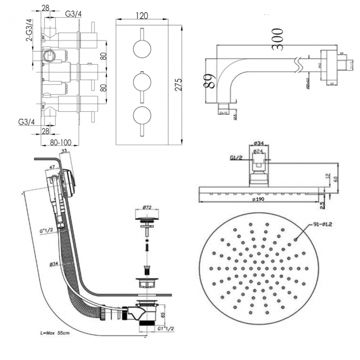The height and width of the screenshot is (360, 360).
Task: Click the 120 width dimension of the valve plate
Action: point(143,17)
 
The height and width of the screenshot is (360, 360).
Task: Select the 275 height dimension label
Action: point(179,84)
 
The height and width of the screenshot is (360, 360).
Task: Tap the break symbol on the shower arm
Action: point(302,61)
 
